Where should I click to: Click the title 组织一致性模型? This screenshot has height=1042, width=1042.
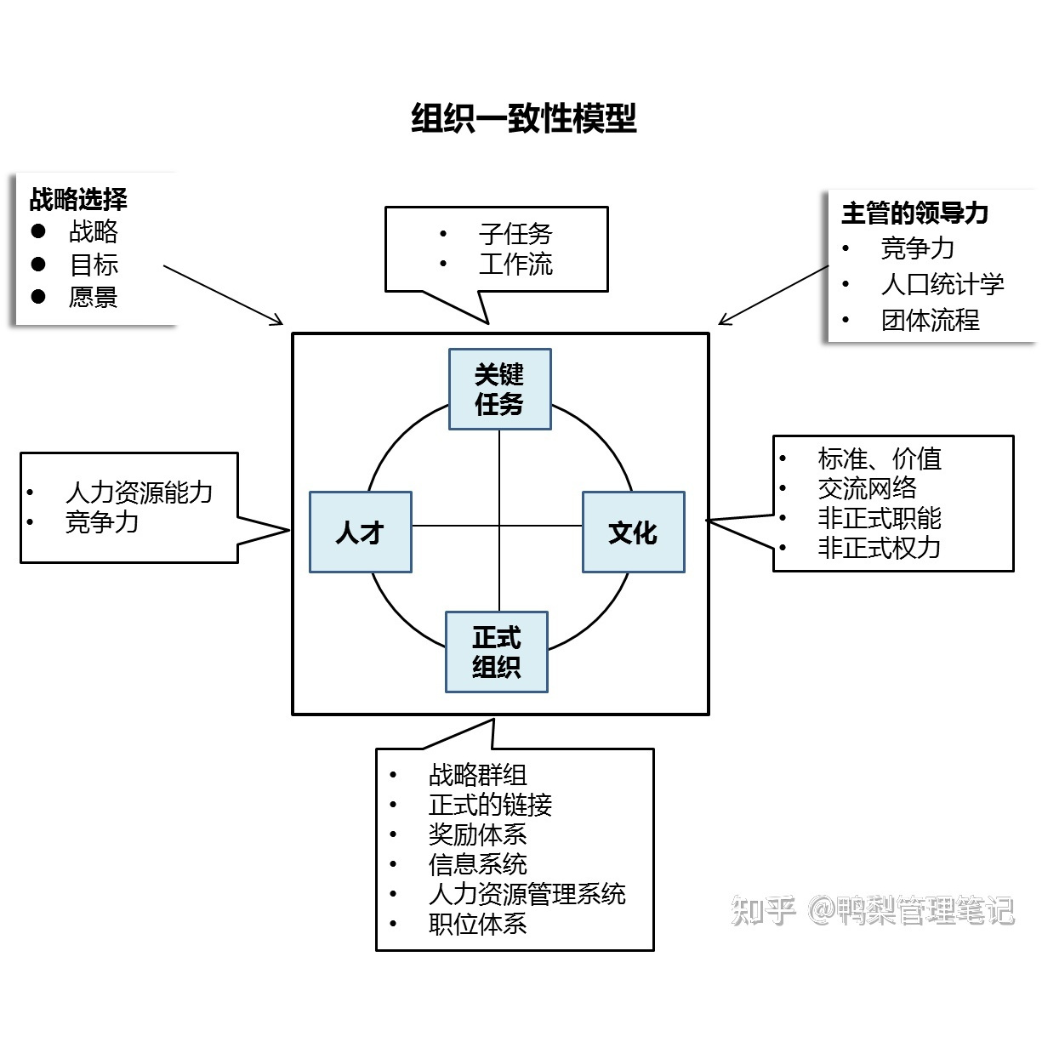click(524, 118)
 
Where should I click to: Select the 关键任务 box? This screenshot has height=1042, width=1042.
click(499, 390)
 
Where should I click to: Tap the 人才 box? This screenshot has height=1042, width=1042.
click(360, 532)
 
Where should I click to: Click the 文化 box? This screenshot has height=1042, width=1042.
click(633, 532)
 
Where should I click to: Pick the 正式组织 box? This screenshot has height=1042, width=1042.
click(497, 652)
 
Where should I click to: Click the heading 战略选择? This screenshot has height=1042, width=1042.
click(78, 200)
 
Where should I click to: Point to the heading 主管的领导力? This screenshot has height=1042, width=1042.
click(914, 213)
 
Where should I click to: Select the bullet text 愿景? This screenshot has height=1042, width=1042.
click(94, 297)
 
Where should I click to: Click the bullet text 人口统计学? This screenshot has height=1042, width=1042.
click(942, 284)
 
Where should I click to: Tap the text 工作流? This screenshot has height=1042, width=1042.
click(515, 265)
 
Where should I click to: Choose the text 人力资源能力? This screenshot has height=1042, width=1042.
click(139, 492)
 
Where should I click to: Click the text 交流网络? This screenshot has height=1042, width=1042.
click(867, 488)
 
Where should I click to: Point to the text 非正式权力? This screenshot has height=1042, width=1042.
click(879, 548)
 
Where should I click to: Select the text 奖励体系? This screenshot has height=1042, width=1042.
click(477, 834)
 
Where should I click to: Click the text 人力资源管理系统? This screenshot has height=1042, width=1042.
click(527, 894)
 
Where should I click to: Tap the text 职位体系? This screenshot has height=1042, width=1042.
click(477, 924)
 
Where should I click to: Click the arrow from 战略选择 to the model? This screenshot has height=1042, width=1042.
click(222, 294)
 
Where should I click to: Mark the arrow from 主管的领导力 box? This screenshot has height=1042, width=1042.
click(773, 295)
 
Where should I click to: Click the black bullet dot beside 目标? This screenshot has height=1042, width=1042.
click(38, 265)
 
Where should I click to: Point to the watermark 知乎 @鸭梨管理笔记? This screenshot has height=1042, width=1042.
click(873, 911)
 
